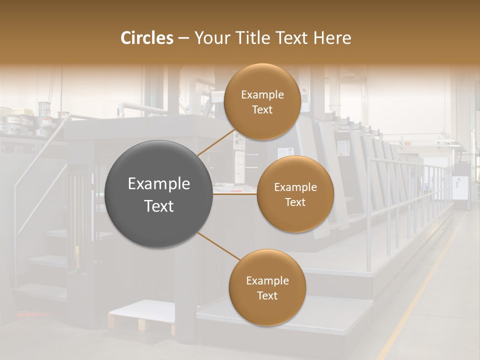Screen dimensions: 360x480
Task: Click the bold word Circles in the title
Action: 146,38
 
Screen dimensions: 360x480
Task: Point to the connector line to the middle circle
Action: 235,194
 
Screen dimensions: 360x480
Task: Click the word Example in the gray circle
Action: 158,184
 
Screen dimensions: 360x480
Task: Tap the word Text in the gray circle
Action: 158,206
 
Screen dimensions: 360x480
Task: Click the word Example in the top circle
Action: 262,95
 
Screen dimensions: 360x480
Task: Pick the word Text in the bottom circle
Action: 267,296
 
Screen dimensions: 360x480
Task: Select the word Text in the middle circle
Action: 295,202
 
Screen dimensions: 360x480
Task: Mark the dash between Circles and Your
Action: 183,38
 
